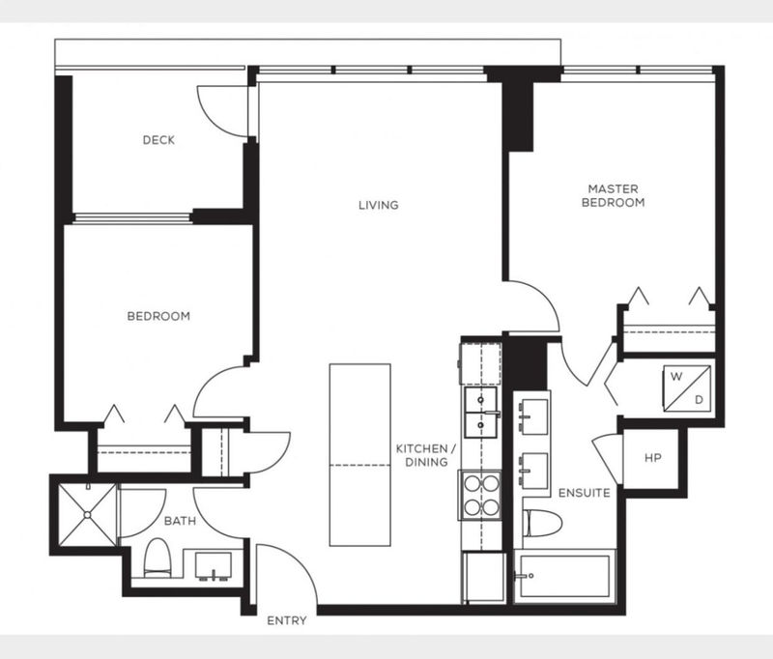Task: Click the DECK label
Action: (x=158, y=140)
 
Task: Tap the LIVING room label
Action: (x=379, y=205)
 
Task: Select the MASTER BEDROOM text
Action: (x=614, y=196)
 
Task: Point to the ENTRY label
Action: (x=287, y=620)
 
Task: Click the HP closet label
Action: (x=653, y=458)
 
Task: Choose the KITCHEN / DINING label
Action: (x=426, y=455)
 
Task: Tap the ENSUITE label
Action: (x=585, y=493)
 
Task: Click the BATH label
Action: (x=180, y=521)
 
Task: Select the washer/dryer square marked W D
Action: (x=687, y=388)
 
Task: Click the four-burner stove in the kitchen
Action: (x=480, y=495)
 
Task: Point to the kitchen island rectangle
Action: (x=359, y=455)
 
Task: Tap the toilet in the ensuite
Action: (x=543, y=523)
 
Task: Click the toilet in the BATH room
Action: (x=157, y=558)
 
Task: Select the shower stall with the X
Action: (x=88, y=515)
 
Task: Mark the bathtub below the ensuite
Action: (x=564, y=575)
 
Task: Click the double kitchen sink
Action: (x=481, y=413)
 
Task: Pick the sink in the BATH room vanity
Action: (x=214, y=565)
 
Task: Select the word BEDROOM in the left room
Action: (x=158, y=316)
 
